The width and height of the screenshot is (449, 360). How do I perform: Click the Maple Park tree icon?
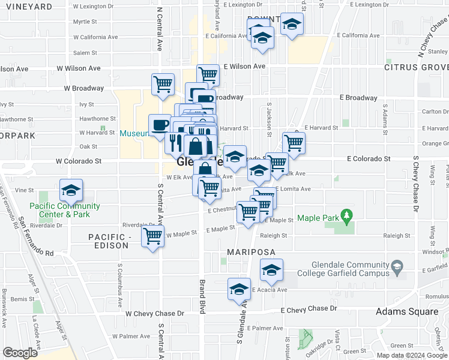pos(345,214)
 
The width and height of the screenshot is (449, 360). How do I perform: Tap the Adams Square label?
pos(406,311)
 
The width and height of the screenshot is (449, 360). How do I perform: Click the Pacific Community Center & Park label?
pos(66,210)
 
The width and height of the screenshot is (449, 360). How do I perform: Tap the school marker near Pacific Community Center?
pos(71,191)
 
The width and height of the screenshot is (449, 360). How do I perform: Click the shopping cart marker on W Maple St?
pos(153,235)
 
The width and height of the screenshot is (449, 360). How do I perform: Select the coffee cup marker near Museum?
pos(160,125)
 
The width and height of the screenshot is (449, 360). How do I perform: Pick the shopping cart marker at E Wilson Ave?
pos(208,74)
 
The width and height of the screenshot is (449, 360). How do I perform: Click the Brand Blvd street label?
pos(203,294)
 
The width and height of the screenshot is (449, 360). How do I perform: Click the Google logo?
pos(20,353)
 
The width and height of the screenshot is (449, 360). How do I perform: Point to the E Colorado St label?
pos(369,159)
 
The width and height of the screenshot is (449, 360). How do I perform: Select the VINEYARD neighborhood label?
pos(29,7)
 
